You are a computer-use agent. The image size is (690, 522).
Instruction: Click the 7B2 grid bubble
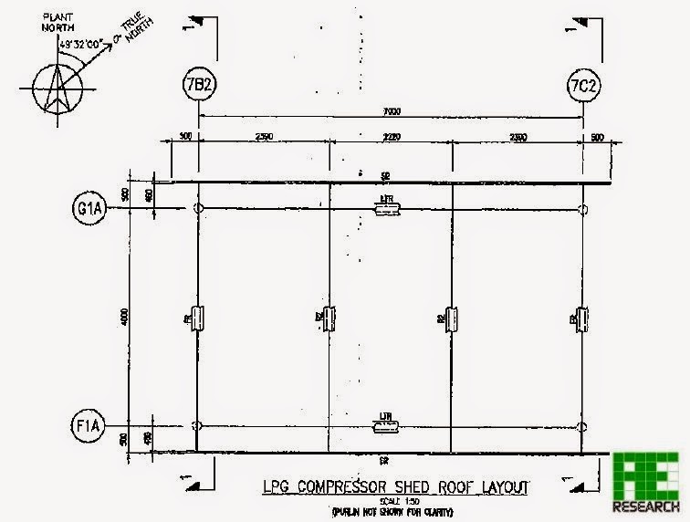[198, 87]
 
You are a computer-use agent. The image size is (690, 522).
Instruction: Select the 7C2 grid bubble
[583, 87]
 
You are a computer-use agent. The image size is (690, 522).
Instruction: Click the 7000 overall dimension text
[392, 112]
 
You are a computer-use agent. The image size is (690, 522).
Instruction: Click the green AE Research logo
[646, 481]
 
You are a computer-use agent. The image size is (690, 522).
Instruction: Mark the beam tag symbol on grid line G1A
[387, 210]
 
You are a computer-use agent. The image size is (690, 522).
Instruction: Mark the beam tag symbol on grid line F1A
[387, 426]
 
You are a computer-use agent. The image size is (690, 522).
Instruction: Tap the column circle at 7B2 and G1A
[199, 210]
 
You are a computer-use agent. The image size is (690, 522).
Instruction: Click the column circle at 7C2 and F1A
[583, 426]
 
